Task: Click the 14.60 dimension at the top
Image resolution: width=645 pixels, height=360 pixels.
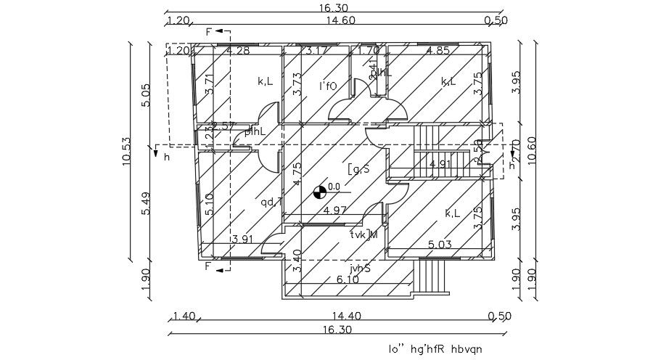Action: (x=340, y=20)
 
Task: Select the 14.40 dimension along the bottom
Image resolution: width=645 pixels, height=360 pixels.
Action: (x=340, y=316)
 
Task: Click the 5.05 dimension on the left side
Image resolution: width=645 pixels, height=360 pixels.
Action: (x=145, y=95)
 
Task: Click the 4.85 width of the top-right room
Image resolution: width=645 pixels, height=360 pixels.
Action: (x=438, y=51)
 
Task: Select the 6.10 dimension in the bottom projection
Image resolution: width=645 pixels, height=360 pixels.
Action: (x=348, y=279)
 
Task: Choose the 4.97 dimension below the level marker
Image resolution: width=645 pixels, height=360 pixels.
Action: (x=336, y=210)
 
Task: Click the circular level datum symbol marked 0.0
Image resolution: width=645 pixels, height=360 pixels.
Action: (x=319, y=192)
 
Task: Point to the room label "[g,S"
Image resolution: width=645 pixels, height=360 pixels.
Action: (x=359, y=169)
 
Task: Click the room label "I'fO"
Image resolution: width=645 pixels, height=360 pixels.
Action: (x=329, y=86)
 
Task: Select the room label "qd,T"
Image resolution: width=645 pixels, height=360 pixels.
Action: (x=271, y=202)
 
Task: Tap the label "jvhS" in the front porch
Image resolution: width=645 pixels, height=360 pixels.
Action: (x=359, y=268)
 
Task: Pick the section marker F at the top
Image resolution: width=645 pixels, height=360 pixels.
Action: (x=210, y=33)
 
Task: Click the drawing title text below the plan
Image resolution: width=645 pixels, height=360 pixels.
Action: (x=435, y=348)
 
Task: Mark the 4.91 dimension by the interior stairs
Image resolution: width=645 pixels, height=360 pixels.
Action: (x=440, y=165)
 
